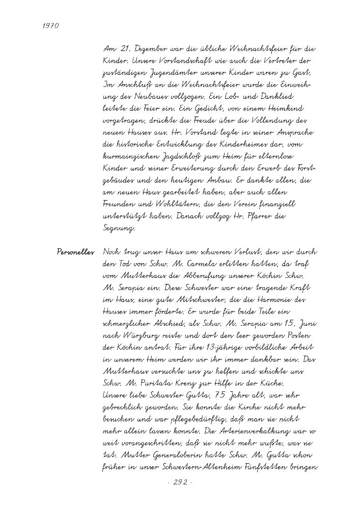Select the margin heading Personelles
tap(76, 252)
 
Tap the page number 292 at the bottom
tap(180, 483)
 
